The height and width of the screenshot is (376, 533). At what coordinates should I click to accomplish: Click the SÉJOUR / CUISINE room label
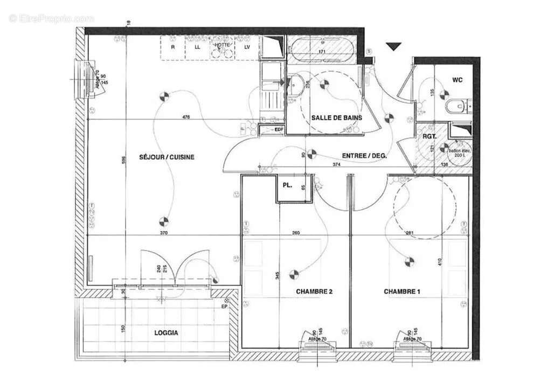(167, 157)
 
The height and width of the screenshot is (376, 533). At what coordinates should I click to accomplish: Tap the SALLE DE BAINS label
(337, 117)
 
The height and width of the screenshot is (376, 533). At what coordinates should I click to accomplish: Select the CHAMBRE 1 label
(402, 291)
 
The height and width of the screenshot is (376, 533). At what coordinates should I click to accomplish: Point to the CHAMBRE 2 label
(314, 291)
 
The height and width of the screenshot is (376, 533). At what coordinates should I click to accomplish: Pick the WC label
(457, 80)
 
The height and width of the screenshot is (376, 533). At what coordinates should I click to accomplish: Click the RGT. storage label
(428, 136)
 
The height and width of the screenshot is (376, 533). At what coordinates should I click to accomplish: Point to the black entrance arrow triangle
(394, 47)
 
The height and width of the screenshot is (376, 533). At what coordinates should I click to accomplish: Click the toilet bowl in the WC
(456, 106)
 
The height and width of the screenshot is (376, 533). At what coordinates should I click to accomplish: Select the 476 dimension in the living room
(186, 117)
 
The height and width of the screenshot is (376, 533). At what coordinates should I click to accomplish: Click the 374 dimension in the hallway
(336, 165)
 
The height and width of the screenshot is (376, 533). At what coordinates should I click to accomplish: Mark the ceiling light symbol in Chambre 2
(294, 275)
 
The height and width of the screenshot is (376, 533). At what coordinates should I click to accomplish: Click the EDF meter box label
(279, 129)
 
